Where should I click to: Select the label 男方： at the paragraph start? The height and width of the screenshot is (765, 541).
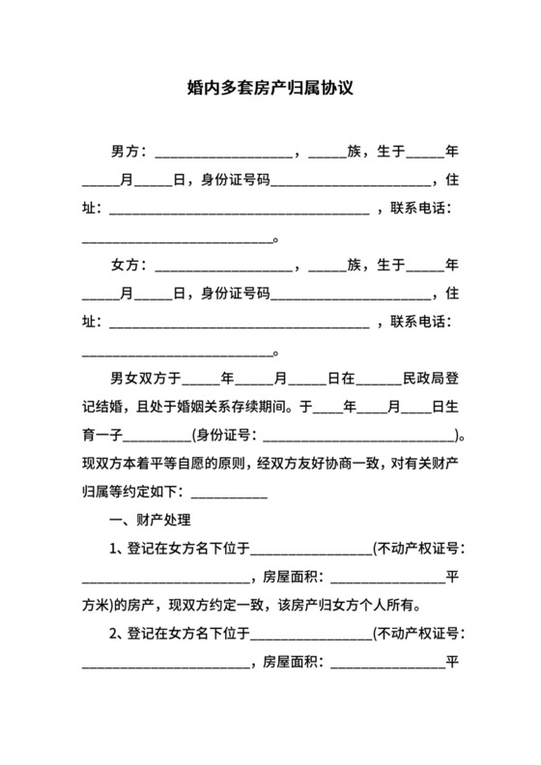coord(129,153)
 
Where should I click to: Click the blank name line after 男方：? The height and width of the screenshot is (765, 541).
coord(222,155)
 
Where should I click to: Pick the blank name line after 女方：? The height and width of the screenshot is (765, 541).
coord(222,267)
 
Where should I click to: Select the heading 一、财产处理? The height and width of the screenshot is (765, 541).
coord(153,522)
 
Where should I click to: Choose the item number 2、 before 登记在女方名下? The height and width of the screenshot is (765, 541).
coord(119,636)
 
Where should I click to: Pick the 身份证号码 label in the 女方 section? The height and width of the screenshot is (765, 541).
coord(235,293)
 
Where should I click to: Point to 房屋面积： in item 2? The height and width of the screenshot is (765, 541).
coord(296,664)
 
